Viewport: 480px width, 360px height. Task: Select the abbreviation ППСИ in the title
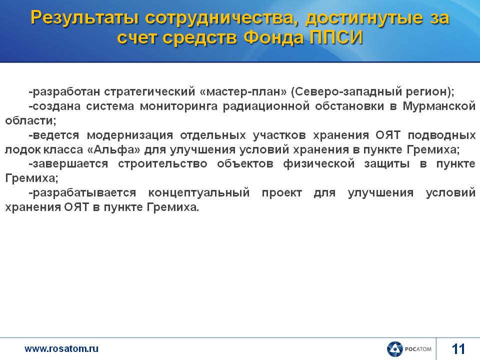point(336,38)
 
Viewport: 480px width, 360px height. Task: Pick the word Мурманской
point(439,106)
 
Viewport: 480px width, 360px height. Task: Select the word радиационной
point(266,106)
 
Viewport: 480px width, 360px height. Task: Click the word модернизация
point(130,135)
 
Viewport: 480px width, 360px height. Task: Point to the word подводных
point(441,135)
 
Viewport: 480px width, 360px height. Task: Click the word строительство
point(162,164)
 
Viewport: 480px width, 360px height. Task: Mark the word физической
point(318,164)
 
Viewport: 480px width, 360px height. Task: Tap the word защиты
point(386,164)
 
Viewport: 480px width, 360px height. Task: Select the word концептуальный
point(199,193)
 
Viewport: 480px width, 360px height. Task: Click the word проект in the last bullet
point(281,193)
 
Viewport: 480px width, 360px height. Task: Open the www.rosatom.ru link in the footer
point(61,348)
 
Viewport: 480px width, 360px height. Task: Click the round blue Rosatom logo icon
point(394,349)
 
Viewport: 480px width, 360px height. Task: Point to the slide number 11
point(458,349)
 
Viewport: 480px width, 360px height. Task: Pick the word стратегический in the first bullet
point(149,91)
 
